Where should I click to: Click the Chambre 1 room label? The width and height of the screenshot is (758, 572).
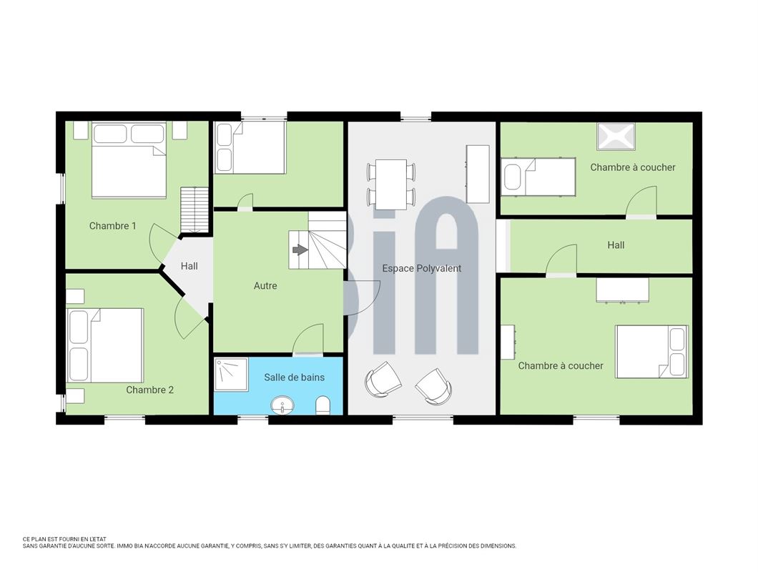[113, 226]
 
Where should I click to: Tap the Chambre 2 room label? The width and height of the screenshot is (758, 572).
[150, 390]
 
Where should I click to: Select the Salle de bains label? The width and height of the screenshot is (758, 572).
[294, 377]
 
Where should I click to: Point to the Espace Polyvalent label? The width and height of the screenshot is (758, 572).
[421, 268]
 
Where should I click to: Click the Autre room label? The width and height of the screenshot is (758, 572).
[265, 286]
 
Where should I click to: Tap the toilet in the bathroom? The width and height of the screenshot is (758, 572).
[323, 406]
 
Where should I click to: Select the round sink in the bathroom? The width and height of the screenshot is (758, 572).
[282, 405]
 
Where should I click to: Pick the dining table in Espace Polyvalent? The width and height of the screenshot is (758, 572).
[391, 184]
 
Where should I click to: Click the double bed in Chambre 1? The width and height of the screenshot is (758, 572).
[129, 159]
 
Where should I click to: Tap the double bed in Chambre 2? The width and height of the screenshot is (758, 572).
[105, 345]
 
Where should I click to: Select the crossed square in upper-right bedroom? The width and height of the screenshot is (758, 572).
[616, 137]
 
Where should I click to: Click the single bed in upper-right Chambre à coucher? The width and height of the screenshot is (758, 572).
[538, 177]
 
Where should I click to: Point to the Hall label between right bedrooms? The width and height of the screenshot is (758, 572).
[616, 245]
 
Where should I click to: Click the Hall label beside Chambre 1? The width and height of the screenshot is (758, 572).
[189, 266]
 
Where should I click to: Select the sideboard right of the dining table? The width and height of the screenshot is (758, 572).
[478, 174]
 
